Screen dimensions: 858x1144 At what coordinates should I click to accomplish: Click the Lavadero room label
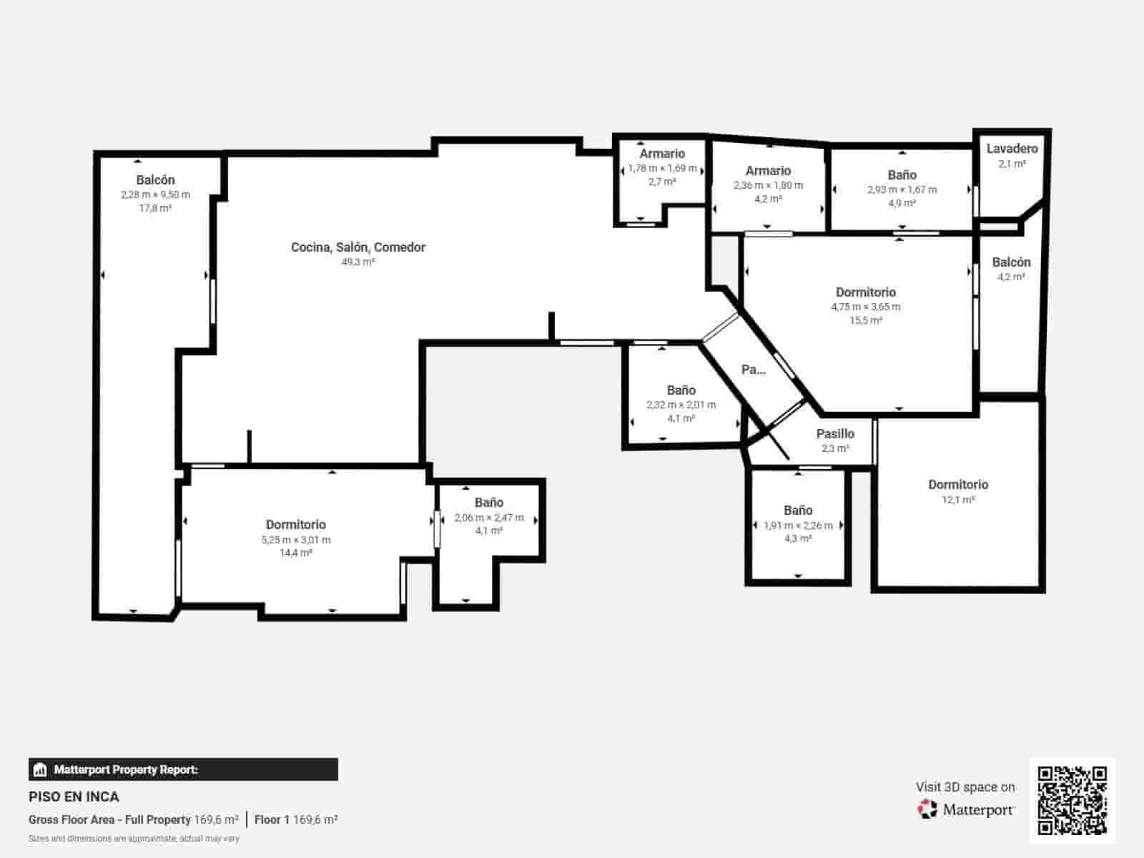click(1012, 149)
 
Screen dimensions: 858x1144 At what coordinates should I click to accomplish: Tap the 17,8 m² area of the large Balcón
click(155, 208)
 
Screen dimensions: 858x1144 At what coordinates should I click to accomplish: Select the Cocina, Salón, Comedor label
click(358, 247)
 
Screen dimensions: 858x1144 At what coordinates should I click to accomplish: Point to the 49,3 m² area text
click(358, 262)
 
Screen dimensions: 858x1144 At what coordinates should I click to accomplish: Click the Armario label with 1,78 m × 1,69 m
click(662, 154)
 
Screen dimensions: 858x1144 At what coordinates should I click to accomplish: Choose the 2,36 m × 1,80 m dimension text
click(768, 185)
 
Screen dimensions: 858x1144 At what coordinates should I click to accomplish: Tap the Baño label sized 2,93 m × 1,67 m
click(902, 175)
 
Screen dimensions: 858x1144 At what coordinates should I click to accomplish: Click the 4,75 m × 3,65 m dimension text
click(866, 307)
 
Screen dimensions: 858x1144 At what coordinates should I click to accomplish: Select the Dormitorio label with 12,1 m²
click(958, 485)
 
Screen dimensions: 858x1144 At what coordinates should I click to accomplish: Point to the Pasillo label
click(835, 434)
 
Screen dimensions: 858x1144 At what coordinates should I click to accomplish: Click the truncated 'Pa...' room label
click(754, 370)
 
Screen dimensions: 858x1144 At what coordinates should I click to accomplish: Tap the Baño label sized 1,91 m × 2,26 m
click(798, 511)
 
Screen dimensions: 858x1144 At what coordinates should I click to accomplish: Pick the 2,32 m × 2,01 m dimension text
click(681, 405)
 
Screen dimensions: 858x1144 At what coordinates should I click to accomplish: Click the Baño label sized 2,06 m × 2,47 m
click(489, 503)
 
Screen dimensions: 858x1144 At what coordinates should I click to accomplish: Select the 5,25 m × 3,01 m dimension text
click(296, 540)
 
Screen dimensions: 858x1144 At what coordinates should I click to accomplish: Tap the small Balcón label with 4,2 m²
click(1011, 262)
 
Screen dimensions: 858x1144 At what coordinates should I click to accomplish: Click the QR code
click(1072, 800)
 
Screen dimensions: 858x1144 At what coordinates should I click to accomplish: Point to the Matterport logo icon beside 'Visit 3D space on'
click(927, 809)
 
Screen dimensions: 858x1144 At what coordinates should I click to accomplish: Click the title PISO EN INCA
click(74, 797)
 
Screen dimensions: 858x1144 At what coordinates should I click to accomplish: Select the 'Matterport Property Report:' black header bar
click(183, 769)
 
